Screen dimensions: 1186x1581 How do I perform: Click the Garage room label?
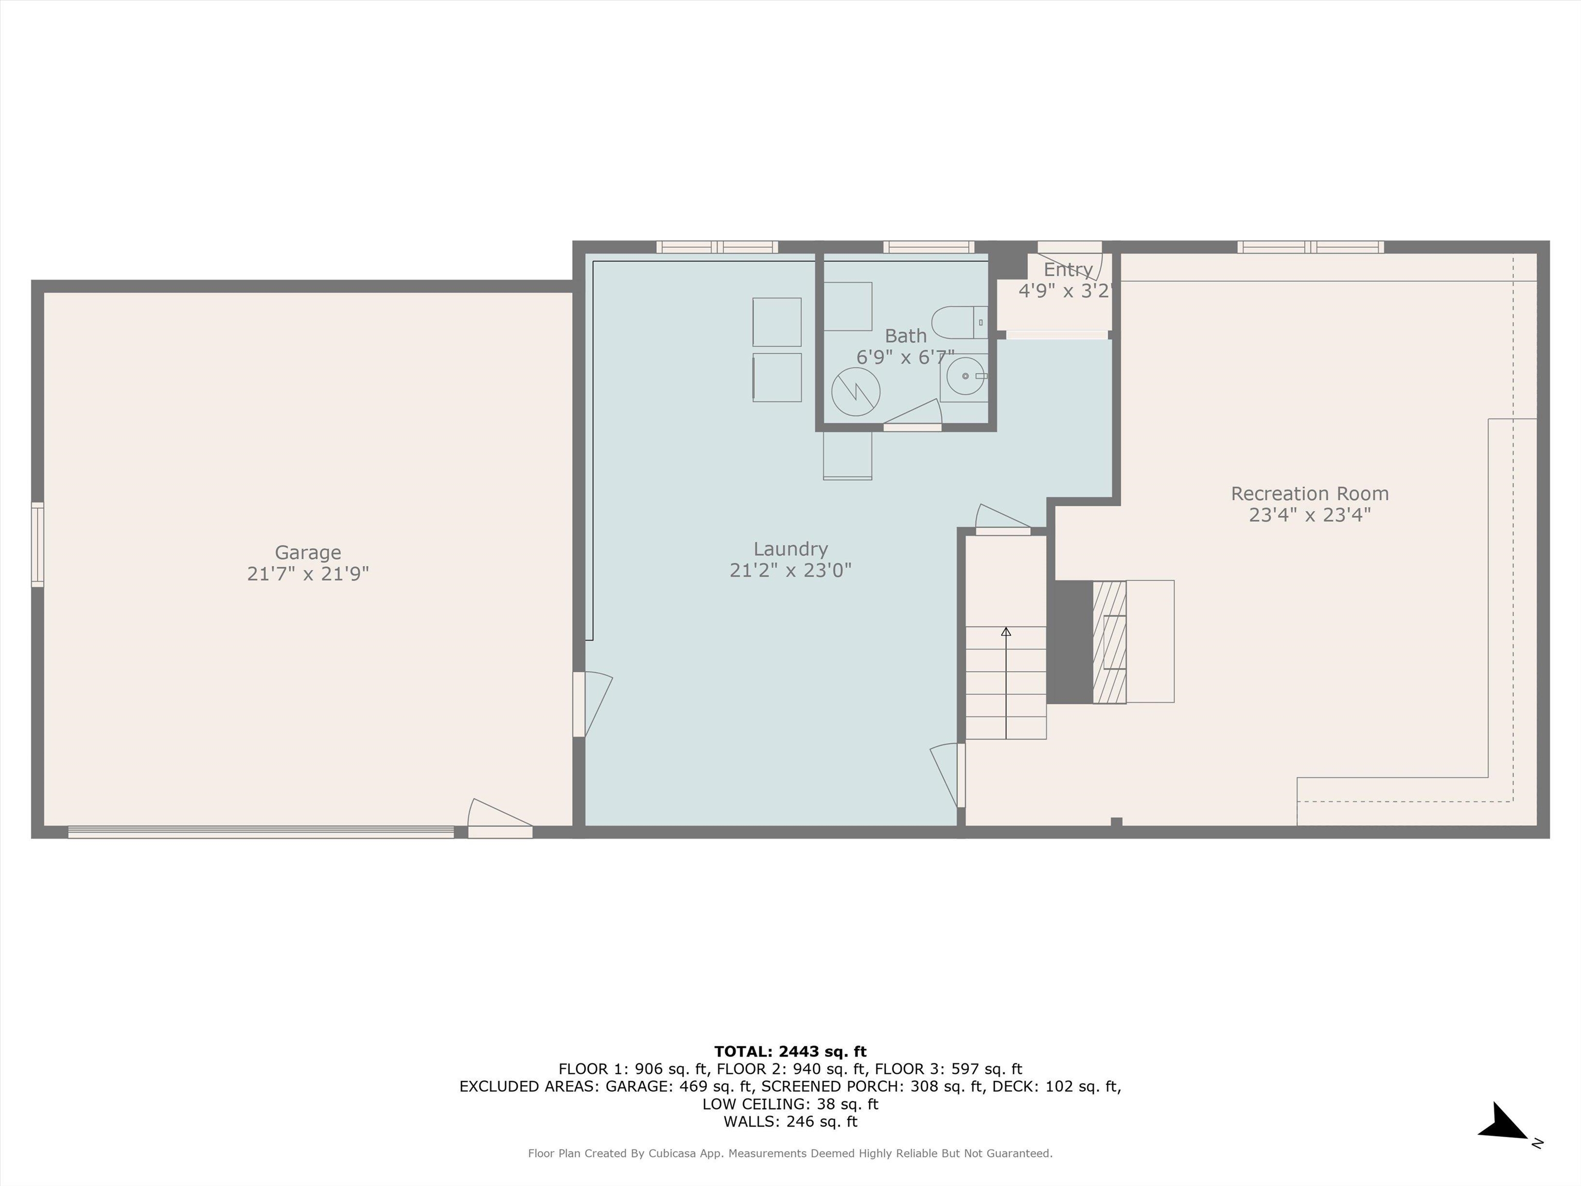tap(308, 553)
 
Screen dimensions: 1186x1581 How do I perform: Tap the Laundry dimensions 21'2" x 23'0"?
tap(790, 570)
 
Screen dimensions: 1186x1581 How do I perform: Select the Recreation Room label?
tap(1309, 493)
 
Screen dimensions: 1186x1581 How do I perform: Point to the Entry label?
tap(1068, 270)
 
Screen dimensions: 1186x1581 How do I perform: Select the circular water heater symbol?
tap(855, 392)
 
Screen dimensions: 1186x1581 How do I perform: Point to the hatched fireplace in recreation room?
tap(1109, 641)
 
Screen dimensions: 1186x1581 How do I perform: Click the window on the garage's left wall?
tap(37, 545)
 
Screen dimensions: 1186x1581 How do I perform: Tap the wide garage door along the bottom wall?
tap(261, 831)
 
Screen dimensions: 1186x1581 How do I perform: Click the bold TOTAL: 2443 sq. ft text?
tap(790, 1052)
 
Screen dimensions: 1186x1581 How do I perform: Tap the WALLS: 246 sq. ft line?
tap(790, 1122)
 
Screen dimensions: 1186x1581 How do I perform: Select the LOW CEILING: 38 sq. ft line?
tap(790, 1104)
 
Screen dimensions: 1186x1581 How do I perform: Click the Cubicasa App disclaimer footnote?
tap(790, 1153)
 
